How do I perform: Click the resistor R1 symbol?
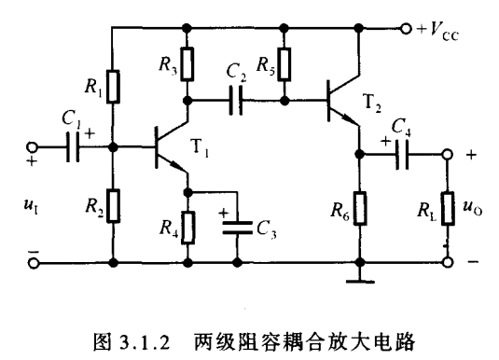[x=113, y=87]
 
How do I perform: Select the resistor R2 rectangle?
[x=113, y=205]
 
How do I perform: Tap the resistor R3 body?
[x=187, y=63]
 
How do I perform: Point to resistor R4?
[x=187, y=228]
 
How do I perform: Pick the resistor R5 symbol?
[x=284, y=64]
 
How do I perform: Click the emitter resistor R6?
[x=360, y=209]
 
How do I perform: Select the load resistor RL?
[x=448, y=209]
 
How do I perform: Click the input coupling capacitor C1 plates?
[x=73, y=147]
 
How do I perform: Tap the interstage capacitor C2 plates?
[x=236, y=102]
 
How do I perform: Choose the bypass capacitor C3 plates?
[x=237, y=228]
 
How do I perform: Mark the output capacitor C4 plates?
[x=402, y=155]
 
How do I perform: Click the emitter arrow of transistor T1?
[x=176, y=166]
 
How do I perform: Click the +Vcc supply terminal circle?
[x=406, y=29]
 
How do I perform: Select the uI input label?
[x=31, y=205]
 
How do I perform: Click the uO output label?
[x=472, y=208]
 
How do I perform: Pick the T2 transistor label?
[x=372, y=103]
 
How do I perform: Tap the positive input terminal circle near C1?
[x=32, y=147]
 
